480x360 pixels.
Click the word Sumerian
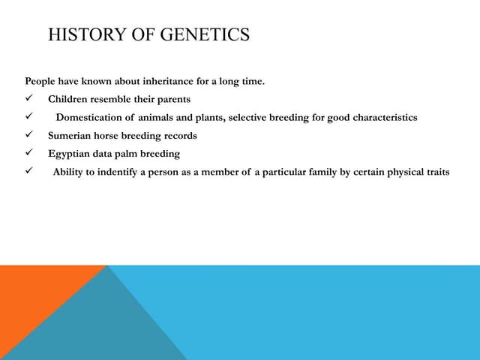(69, 136)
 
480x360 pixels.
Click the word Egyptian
(69, 154)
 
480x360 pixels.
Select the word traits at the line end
(436, 172)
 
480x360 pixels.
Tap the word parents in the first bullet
(173, 99)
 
